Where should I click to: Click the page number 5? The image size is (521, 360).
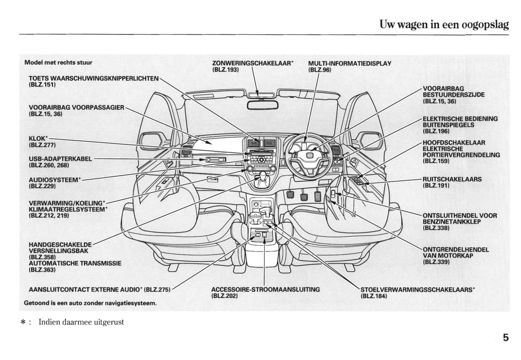click(505, 338)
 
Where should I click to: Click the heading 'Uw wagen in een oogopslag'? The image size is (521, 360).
click(444, 25)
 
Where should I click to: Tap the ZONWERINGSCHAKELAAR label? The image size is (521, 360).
click(252, 63)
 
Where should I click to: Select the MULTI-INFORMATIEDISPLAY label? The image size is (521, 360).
click(349, 63)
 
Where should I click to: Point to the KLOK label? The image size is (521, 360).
click(37, 139)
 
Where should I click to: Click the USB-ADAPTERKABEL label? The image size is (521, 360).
click(60, 159)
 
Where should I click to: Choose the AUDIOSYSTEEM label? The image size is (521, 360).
click(54, 180)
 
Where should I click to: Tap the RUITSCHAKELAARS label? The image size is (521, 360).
click(452, 179)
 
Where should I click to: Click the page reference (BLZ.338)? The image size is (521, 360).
click(436, 228)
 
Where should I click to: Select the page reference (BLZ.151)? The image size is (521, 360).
click(42, 85)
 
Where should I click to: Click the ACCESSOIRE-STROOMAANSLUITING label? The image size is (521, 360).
click(265, 289)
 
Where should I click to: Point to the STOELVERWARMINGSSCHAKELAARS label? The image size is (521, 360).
click(417, 289)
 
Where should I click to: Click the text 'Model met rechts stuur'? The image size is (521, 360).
click(58, 62)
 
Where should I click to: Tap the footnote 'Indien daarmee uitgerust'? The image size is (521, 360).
click(81, 322)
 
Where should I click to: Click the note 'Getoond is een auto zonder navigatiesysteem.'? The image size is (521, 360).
click(90, 303)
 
